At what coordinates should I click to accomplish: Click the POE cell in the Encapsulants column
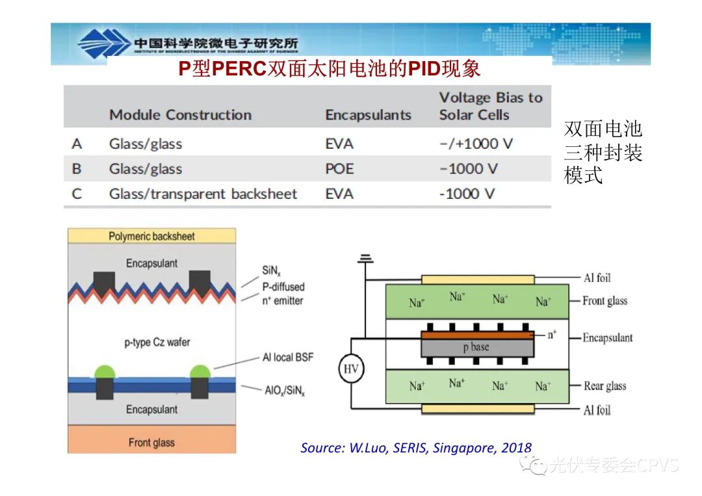(x=339, y=169)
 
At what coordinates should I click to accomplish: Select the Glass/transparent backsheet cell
(x=203, y=194)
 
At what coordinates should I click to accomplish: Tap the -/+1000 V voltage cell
(x=476, y=144)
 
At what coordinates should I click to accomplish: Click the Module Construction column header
(x=180, y=115)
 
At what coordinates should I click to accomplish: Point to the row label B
(x=77, y=169)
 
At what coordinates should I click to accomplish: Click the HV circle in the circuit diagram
(x=352, y=369)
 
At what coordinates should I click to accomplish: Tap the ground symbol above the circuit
(x=366, y=259)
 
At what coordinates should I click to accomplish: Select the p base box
(x=476, y=348)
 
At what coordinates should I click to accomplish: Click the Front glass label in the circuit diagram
(x=604, y=301)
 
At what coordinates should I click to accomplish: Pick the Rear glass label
(x=604, y=386)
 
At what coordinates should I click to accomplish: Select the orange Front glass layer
(x=151, y=443)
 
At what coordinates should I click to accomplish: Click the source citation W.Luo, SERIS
(x=416, y=448)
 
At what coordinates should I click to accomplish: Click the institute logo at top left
(x=104, y=44)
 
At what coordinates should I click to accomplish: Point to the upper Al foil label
(x=597, y=278)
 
